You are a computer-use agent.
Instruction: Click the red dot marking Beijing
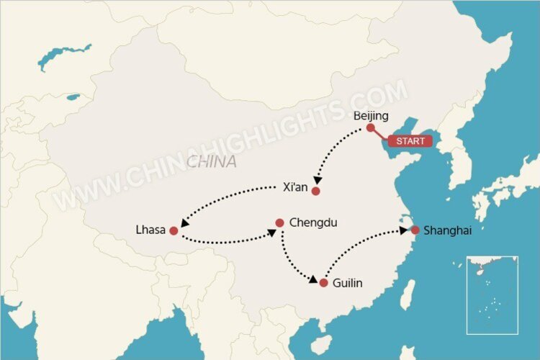[370, 127]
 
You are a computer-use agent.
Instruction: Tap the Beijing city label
[372, 115]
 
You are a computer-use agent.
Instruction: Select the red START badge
[410, 141]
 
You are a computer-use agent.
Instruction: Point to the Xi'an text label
[296, 188]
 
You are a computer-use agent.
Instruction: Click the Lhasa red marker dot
[174, 231]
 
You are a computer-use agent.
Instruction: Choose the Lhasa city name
[150, 230]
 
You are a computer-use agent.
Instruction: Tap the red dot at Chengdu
[280, 223]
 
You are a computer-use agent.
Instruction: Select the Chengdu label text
[313, 222]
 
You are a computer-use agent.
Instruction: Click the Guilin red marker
[323, 283]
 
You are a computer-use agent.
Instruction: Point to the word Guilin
[347, 283]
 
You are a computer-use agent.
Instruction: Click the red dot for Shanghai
[415, 230]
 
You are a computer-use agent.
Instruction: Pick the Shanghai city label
[447, 230]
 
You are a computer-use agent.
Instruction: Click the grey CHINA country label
[211, 162]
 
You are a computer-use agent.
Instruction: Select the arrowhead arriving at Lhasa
[184, 223]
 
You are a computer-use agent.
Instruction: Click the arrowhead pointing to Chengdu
[271, 233]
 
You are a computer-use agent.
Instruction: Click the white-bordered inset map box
[492, 294]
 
